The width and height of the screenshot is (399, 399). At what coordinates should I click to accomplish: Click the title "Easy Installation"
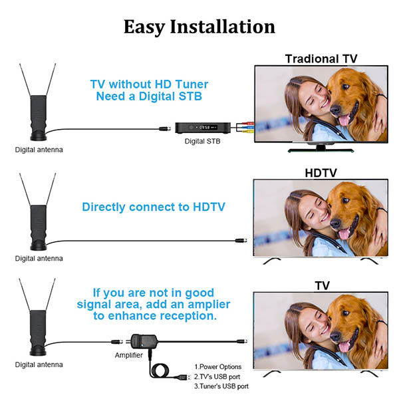199,27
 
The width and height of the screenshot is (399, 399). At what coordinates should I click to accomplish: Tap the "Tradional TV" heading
321,59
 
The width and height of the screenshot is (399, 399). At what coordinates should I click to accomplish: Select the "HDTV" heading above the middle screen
321,173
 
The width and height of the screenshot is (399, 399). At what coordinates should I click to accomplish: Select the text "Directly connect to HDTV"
154,207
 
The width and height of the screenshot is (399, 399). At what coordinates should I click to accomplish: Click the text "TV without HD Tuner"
149,84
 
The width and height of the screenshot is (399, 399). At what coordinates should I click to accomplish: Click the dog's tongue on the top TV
344,120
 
